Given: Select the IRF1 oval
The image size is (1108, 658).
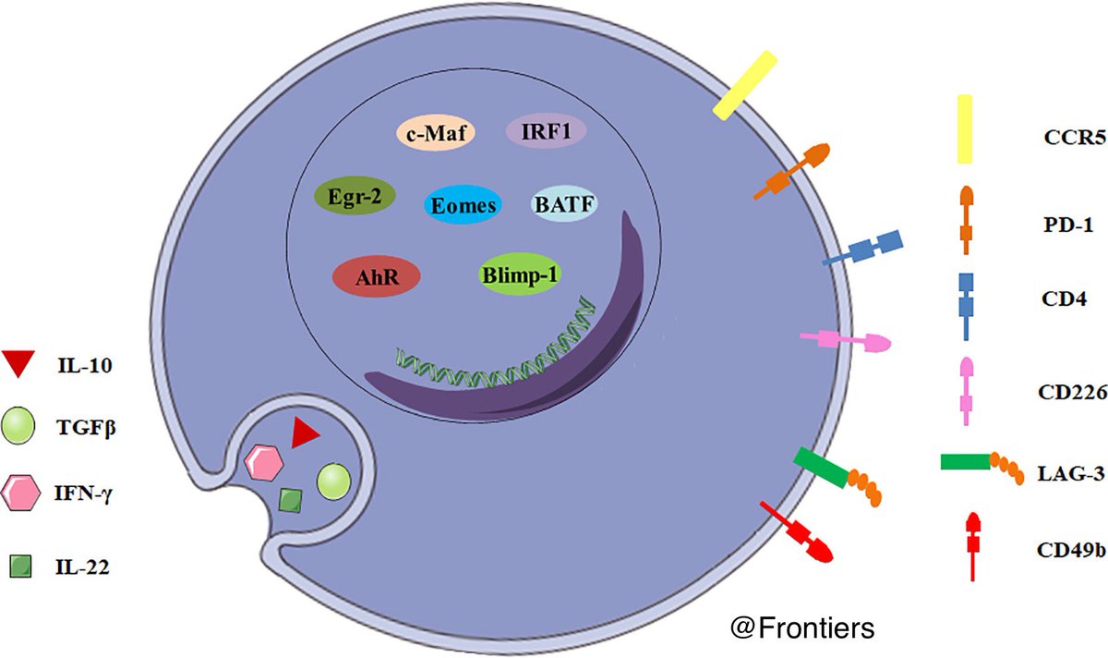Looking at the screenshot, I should (x=547, y=132).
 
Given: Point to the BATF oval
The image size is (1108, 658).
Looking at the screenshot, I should (x=566, y=204).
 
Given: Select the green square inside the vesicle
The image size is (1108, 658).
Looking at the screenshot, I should (x=292, y=500).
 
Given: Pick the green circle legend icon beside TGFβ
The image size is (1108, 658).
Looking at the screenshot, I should (x=19, y=427).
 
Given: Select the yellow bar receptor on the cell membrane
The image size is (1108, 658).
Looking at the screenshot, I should (x=742, y=85).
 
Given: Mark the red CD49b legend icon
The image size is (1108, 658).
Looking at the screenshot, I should (x=971, y=548).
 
